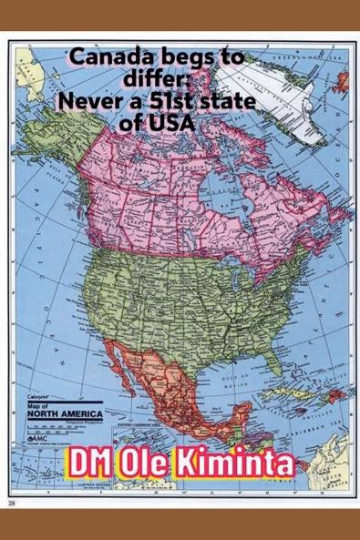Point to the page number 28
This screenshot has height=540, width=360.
pyautogui.click(x=12, y=502)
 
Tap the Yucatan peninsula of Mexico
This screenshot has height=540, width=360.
pyautogui.click(x=239, y=414)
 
